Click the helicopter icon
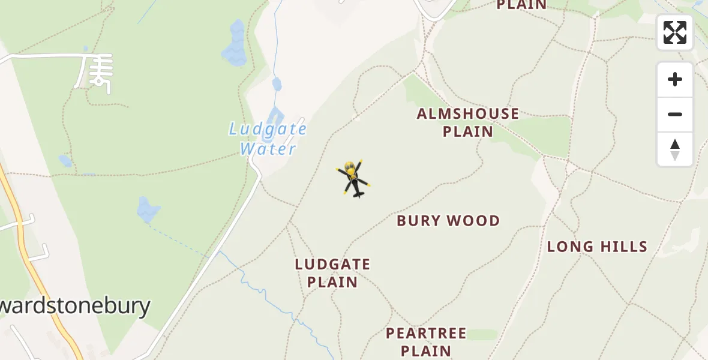353,179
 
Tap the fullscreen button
675,32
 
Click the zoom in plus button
675,79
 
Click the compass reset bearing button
675,149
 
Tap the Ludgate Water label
268,139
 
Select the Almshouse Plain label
468,122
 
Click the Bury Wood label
448,221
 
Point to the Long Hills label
597,247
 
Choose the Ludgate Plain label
332,273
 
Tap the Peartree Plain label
426,341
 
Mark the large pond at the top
235,44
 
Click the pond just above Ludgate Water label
275,117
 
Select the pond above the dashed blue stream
148,209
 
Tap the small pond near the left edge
65,161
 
